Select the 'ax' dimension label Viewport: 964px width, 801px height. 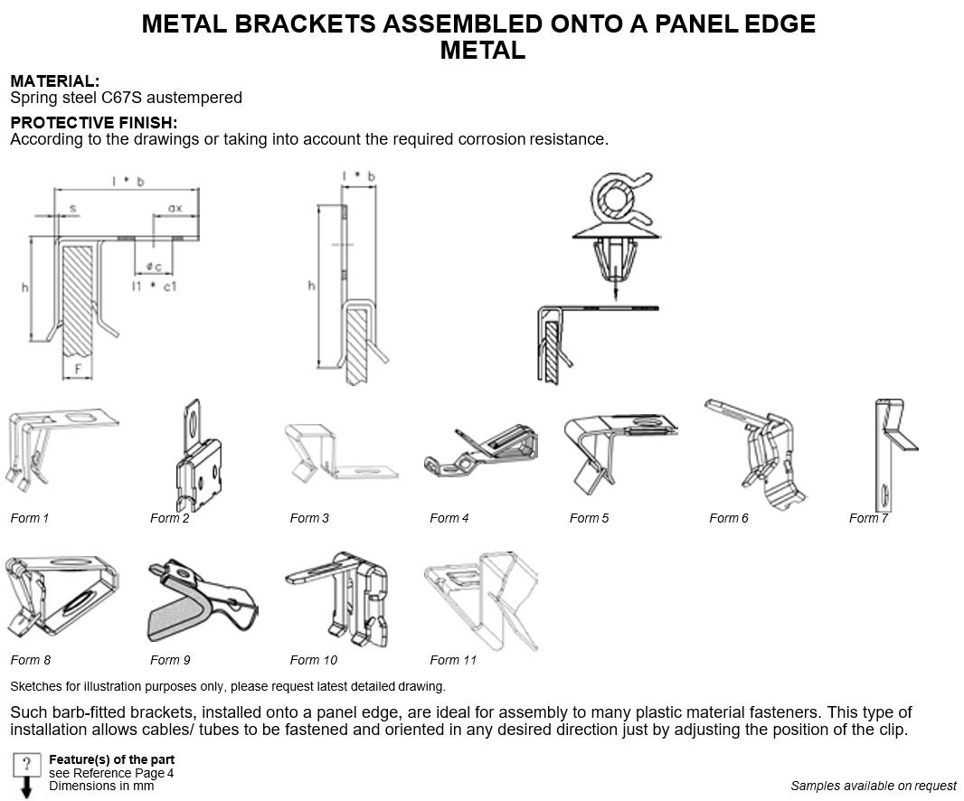pyautogui.click(x=175, y=208)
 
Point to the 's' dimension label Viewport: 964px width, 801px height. pyautogui.click(x=72, y=208)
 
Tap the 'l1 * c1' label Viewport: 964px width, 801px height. pyautogui.click(x=153, y=286)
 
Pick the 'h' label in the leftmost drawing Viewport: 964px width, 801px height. pyautogui.click(x=26, y=287)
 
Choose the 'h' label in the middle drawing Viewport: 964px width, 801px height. pyautogui.click(x=312, y=287)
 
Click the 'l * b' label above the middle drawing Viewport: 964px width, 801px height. pyautogui.click(x=357, y=175)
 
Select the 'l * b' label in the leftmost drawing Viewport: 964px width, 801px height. pyautogui.click(x=127, y=182)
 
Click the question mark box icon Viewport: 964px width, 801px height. pyautogui.click(x=27, y=762)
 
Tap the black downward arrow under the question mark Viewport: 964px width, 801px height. pyautogui.click(x=27, y=789)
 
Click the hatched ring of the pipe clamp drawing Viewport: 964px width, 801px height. pyautogui.click(x=616, y=197)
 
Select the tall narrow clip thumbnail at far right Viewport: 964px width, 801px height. pyautogui.click(x=897, y=456)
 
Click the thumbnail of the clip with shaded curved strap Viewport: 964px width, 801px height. pyautogui.click(x=203, y=599)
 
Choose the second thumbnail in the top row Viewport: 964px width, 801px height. pyautogui.click(x=199, y=456)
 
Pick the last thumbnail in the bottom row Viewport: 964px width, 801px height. pyautogui.click(x=481, y=601)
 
